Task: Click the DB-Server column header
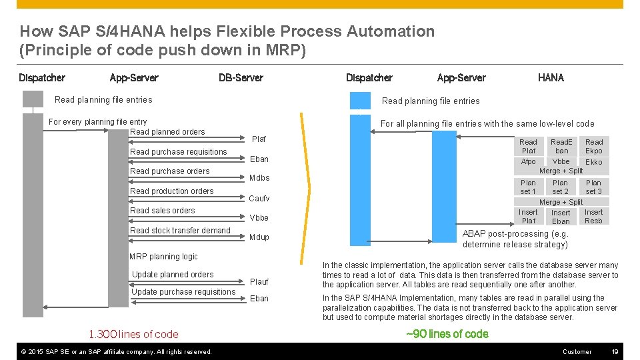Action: tap(241, 78)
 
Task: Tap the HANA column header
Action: tap(550, 78)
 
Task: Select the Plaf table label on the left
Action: tap(259, 139)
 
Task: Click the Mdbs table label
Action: tap(259, 178)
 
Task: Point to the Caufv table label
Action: tap(259, 199)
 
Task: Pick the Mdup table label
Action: tap(259, 237)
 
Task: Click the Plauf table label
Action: tap(259, 282)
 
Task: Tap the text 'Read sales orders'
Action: tap(163, 211)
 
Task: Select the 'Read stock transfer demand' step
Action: tap(180, 231)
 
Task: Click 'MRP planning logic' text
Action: tap(163, 257)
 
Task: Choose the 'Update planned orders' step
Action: tap(173, 275)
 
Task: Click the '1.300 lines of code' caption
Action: tap(133, 335)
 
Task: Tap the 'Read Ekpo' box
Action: tap(593, 147)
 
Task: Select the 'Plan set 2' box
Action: tap(560, 187)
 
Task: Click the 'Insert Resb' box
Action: tap(593, 217)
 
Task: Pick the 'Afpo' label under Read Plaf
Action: tap(528, 162)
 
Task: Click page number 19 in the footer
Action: tap(615, 351)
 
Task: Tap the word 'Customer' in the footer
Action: tap(577, 351)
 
